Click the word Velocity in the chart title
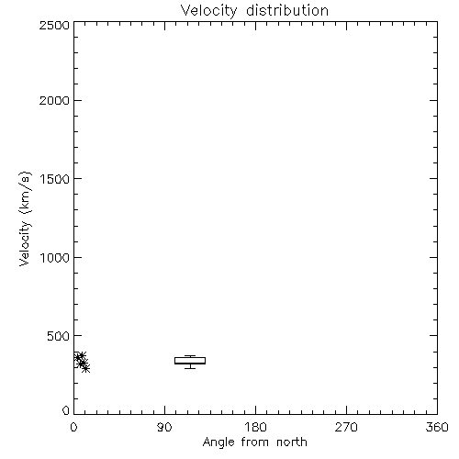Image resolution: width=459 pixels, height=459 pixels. point(208,12)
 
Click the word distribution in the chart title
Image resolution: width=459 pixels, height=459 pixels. point(287,10)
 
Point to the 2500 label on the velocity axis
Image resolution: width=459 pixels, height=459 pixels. point(54,25)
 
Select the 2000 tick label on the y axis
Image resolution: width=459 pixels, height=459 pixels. point(54,100)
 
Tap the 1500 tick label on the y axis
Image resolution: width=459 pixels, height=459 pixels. point(55,179)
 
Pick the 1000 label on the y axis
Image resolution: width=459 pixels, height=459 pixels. point(55,258)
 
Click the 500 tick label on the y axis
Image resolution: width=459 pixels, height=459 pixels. point(59,336)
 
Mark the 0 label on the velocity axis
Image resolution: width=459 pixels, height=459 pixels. point(66,410)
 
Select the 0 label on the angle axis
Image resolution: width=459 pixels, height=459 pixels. point(73,427)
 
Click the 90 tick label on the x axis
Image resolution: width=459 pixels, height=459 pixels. point(164,427)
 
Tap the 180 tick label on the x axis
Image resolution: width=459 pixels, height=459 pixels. point(255,427)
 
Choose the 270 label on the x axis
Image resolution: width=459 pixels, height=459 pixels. point(346,427)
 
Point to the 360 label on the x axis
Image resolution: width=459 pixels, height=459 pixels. point(437,427)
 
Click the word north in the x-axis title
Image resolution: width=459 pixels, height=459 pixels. point(292,442)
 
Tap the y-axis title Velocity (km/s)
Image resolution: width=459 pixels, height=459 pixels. point(25,219)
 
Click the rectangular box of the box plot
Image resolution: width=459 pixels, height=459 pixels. point(190,357)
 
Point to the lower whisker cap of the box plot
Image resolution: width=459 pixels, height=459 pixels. point(190,368)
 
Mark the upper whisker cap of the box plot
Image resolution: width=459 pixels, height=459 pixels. point(190,355)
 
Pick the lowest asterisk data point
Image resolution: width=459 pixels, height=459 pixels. point(86,368)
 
